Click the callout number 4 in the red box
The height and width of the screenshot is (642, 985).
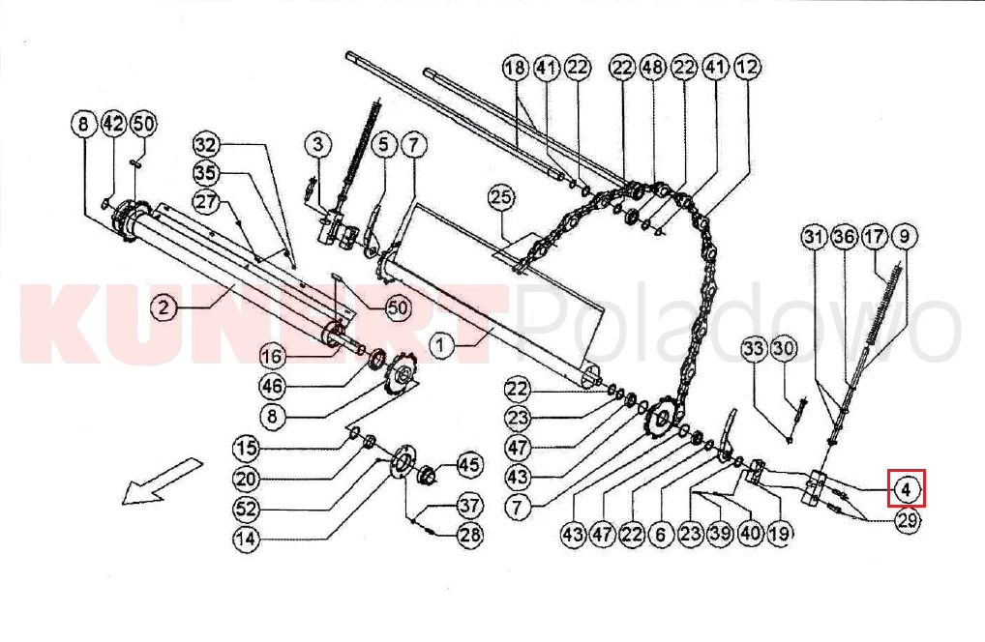906,487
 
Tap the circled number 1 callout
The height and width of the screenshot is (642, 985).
441,344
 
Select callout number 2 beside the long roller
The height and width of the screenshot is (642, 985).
164,306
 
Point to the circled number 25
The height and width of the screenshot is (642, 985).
500,197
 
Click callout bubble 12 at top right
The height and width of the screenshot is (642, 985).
746,67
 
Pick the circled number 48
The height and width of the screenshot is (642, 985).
653,67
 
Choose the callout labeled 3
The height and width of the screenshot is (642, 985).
318,144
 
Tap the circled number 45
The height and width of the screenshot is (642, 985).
469,465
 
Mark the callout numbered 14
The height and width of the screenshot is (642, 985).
246,539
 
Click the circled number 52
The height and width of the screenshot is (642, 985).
246,509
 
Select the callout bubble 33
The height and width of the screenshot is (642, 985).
753,348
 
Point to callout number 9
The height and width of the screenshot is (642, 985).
904,236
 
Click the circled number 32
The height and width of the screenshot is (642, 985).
205,145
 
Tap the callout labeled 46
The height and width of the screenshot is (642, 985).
272,386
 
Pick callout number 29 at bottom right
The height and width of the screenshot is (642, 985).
906,520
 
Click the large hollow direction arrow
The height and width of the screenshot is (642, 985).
163,481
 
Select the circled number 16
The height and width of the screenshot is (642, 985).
272,357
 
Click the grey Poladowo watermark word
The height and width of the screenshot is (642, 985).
738,323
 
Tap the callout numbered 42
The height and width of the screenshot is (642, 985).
114,124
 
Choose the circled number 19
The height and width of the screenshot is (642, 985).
779,534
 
